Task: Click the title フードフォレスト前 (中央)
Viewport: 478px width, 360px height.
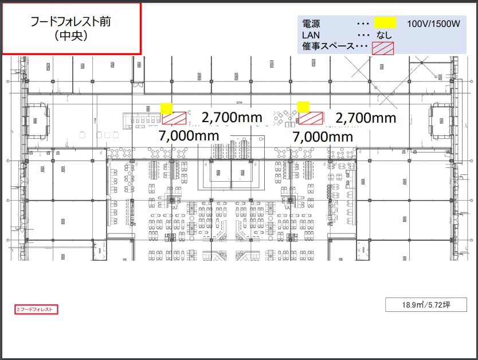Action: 71,28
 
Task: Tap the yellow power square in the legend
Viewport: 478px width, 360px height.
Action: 385,23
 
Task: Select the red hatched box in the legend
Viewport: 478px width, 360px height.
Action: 383,48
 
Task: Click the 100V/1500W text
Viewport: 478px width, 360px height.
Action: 434,24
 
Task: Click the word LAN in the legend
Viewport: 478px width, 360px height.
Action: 310,35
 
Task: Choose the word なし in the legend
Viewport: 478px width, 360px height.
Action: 384,35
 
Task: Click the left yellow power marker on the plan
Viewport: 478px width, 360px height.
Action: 166,108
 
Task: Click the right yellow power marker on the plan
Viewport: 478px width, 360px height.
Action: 303,107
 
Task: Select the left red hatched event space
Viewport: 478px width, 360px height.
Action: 174,118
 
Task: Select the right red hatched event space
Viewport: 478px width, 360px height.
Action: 311,118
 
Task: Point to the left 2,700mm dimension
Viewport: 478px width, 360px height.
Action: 232,118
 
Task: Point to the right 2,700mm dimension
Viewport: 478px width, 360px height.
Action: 366,118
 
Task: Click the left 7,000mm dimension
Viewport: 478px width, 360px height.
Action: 189,136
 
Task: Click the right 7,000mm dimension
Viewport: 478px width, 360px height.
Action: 323,137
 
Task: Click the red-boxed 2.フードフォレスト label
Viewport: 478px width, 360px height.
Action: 37,310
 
